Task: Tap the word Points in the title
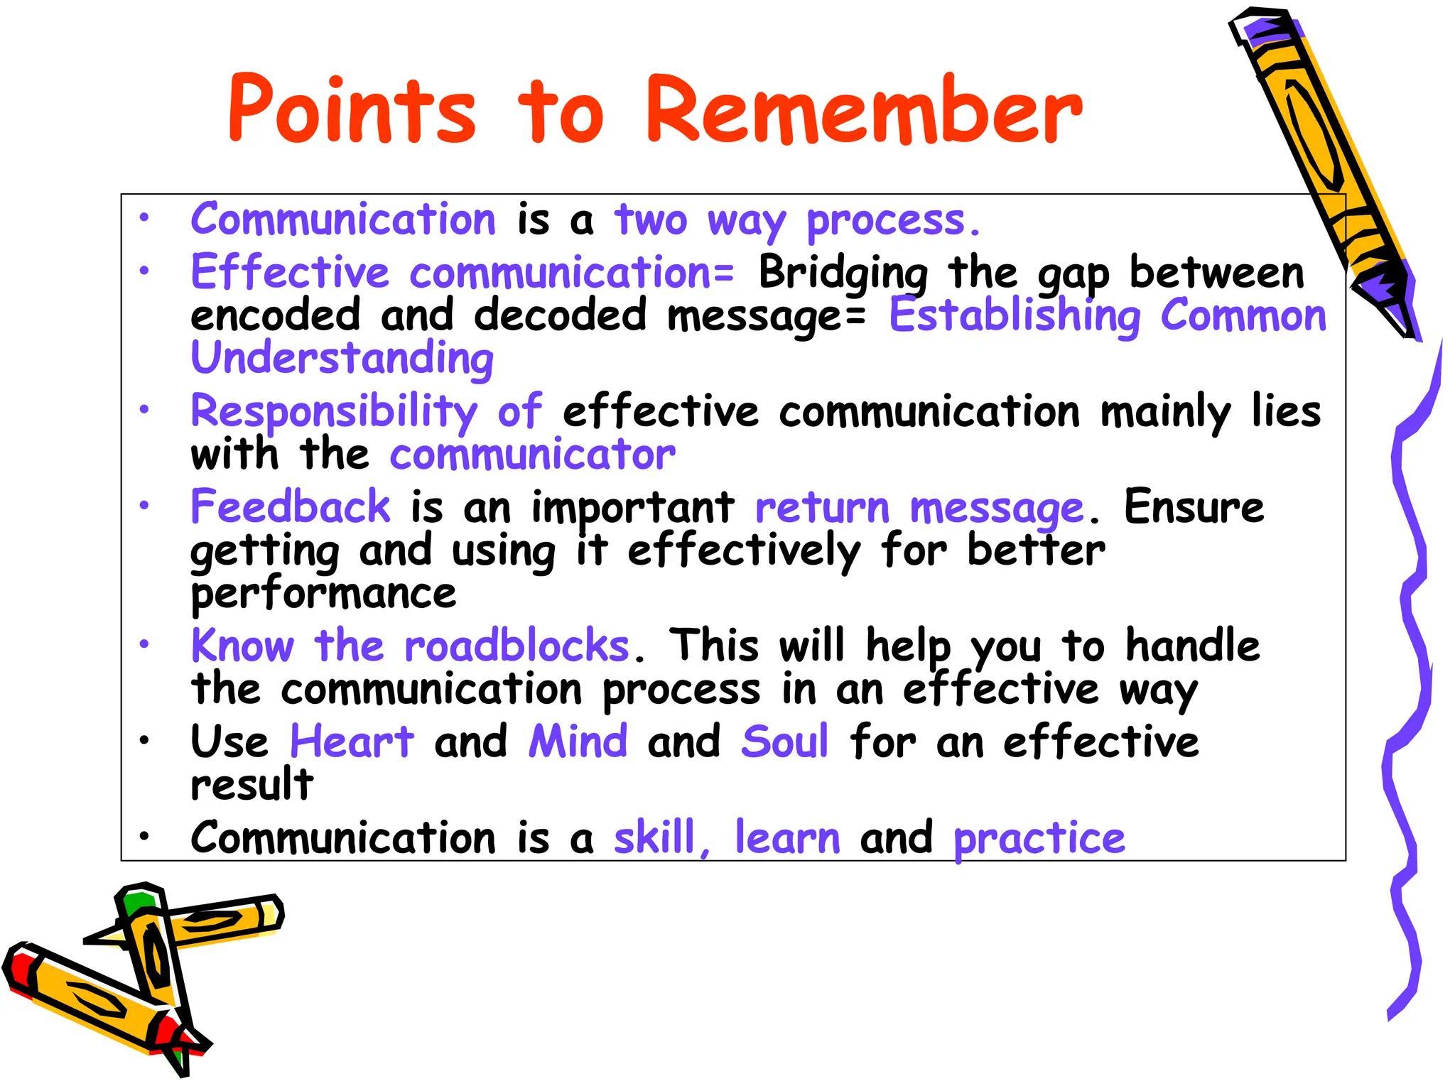point(352,110)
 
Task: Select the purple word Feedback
point(291,507)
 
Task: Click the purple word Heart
point(352,742)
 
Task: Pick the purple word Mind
point(578,742)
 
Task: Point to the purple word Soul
point(784,742)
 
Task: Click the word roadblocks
point(517,646)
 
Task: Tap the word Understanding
point(342,358)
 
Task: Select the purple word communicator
point(533,455)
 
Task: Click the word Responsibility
point(334,412)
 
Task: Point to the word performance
point(323,594)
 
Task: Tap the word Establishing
point(1015,316)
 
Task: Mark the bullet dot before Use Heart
point(144,740)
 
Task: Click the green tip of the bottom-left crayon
point(137,902)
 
